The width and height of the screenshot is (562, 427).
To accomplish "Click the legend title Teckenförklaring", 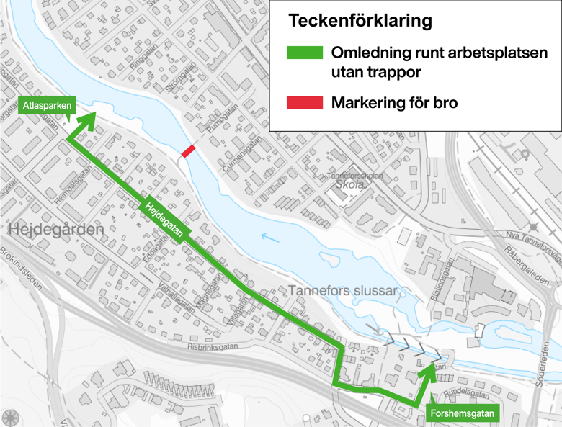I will pyautogui.click(x=360, y=21).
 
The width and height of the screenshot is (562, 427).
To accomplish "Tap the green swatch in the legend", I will pyautogui.click(x=304, y=53).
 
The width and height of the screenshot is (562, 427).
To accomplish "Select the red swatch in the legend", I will pyautogui.click(x=304, y=103).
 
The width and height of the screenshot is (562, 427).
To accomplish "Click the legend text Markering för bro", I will pyautogui.click(x=395, y=103).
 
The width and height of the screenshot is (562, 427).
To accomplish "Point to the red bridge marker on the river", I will pyautogui.click(x=188, y=151).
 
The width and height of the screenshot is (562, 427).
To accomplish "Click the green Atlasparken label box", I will pyautogui.click(x=47, y=106).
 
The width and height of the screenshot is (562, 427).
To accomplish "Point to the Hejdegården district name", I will pyautogui.click(x=57, y=230).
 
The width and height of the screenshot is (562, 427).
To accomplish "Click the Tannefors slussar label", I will pyautogui.click(x=343, y=290).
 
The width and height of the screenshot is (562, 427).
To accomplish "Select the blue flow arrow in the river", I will pyautogui.click(x=269, y=235).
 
